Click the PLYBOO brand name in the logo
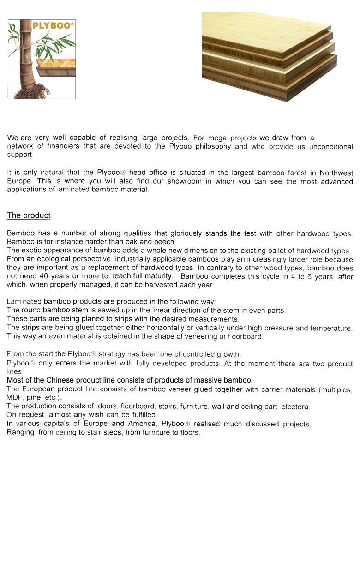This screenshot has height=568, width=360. tap(53, 26)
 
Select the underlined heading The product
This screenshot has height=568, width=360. tap(29, 215)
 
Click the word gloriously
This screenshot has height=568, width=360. tap(191, 233)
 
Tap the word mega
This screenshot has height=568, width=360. tap(217, 138)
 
